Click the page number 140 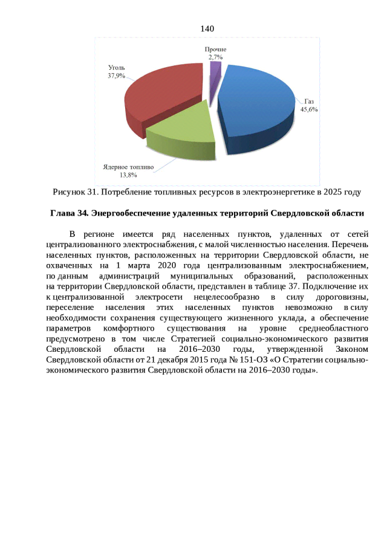(207, 29)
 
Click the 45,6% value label (309, 110)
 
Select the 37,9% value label (116, 76)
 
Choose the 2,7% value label (215, 56)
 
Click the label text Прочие (215, 48)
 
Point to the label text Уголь (116, 68)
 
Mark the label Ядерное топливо (128, 167)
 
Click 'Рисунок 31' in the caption (75, 193)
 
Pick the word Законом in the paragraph (347, 350)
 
